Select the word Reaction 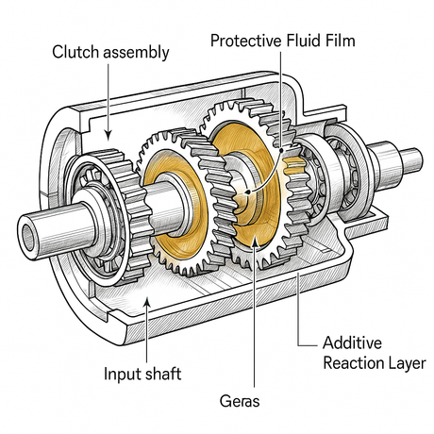[355, 362]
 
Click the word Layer [407, 362]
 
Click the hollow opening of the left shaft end [31, 230]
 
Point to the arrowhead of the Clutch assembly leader [109, 139]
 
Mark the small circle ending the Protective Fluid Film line [248, 194]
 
